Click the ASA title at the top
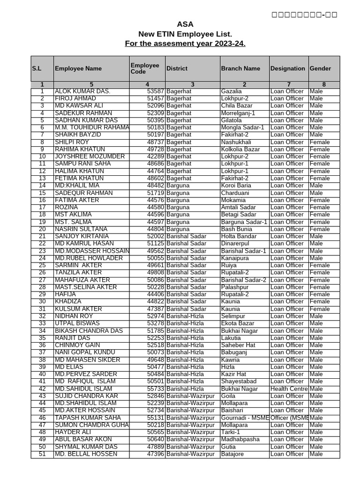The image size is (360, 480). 185,24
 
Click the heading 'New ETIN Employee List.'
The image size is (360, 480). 185,34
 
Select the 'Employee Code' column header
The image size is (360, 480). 145,68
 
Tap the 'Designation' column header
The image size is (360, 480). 288,68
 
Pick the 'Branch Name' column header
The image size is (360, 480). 240,68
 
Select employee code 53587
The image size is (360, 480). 155,91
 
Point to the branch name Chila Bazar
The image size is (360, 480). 236,106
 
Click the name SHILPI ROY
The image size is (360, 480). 72,142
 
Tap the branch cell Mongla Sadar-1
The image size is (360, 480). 242,127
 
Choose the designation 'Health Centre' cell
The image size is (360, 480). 289,389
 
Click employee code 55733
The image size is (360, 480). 155,389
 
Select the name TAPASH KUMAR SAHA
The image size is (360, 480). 86,418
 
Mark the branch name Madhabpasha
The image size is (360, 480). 240,439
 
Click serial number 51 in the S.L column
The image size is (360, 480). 42,454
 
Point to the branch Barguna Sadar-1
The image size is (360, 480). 244,222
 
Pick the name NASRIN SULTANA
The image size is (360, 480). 81,229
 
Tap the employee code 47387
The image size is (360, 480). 155,309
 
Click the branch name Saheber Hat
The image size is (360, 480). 238,345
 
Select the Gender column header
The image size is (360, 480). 320,68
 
